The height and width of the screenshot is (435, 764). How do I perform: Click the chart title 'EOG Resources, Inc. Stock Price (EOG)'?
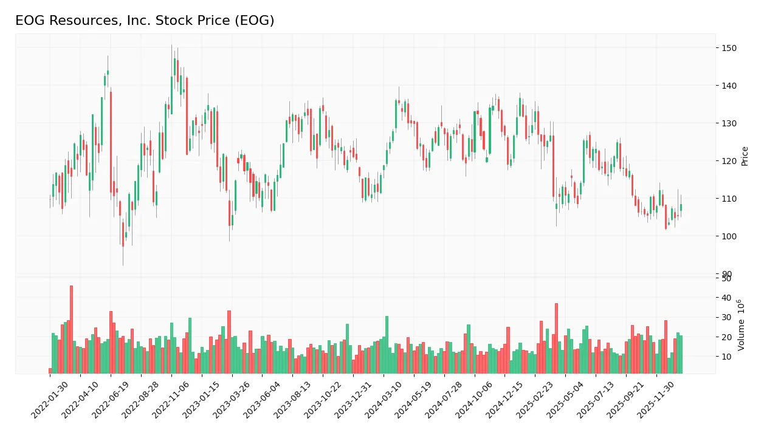[145, 21]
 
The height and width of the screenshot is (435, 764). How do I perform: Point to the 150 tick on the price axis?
[729, 48]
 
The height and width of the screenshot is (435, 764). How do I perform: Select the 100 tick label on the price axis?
[729, 236]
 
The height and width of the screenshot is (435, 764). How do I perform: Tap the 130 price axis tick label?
[729, 123]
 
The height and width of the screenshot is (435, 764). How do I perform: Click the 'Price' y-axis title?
[745, 156]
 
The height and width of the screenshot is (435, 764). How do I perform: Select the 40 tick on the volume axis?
[726, 298]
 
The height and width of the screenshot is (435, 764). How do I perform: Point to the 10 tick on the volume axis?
[726, 357]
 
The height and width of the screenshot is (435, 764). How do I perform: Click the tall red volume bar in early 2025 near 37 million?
[556, 338]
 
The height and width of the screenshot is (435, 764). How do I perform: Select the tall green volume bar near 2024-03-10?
[387, 344]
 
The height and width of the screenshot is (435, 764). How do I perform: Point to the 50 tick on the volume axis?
[726, 278]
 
